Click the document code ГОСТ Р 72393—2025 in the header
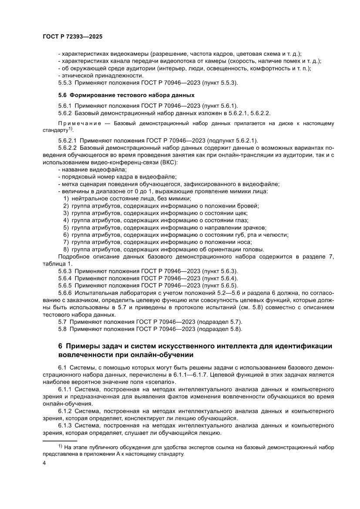point(72,37)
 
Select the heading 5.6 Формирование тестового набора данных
point(126,95)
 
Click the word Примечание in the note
point(78,124)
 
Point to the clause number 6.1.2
point(67,411)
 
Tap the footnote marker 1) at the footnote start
point(61,446)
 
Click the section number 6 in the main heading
point(61,346)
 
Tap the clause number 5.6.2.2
point(69,148)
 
